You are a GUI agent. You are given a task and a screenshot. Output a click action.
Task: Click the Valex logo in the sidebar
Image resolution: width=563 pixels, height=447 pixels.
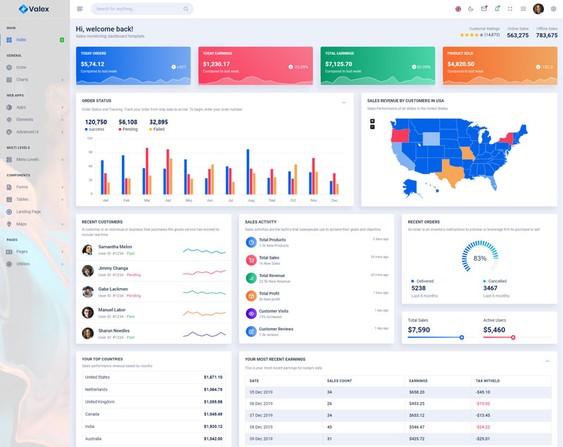pyautogui.click(x=34, y=9)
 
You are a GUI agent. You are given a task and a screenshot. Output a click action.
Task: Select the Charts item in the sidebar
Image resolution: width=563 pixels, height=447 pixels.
pyautogui.click(x=22, y=79)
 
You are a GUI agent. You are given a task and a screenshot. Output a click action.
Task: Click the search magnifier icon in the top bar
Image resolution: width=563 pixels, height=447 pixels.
pyautogui.click(x=186, y=9)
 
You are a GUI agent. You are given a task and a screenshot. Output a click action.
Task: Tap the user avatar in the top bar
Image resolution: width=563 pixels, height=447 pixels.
pyautogui.click(x=538, y=9)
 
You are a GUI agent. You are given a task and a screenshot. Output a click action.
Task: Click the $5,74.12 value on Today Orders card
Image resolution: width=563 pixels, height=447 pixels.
pyautogui.click(x=92, y=64)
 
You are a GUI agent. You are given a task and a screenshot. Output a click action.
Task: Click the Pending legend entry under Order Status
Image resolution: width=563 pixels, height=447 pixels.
pyautogui.click(x=129, y=129)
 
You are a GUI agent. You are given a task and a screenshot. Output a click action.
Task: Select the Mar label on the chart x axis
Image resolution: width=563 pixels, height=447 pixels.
pyautogui.click(x=147, y=200)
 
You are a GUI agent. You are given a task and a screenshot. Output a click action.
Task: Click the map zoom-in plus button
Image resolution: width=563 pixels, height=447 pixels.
pyautogui.click(x=372, y=121)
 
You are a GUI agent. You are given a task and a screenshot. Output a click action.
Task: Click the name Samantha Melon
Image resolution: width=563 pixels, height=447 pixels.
pyautogui.click(x=115, y=247)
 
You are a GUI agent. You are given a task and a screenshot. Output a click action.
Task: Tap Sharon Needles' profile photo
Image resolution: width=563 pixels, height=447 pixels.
pyautogui.click(x=87, y=333)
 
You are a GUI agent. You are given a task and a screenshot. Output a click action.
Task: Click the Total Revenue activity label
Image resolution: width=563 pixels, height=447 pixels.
pyautogui.click(x=272, y=276)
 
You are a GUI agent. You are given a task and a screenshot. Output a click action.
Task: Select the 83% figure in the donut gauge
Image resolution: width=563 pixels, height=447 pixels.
pyautogui.click(x=480, y=259)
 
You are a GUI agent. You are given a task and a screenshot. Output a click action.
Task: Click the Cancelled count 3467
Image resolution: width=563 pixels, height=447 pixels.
pyautogui.click(x=491, y=288)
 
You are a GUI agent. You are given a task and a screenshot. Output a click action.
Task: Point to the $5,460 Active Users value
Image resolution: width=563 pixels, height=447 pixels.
pyautogui.click(x=494, y=330)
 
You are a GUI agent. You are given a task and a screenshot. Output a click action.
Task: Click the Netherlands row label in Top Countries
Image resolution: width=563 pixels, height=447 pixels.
pyautogui.click(x=96, y=389)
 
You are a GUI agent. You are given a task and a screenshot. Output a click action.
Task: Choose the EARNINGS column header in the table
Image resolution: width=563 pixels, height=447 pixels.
pyautogui.click(x=418, y=381)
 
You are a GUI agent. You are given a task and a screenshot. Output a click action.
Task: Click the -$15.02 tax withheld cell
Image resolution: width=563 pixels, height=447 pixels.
pyautogui.click(x=483, y=403)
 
